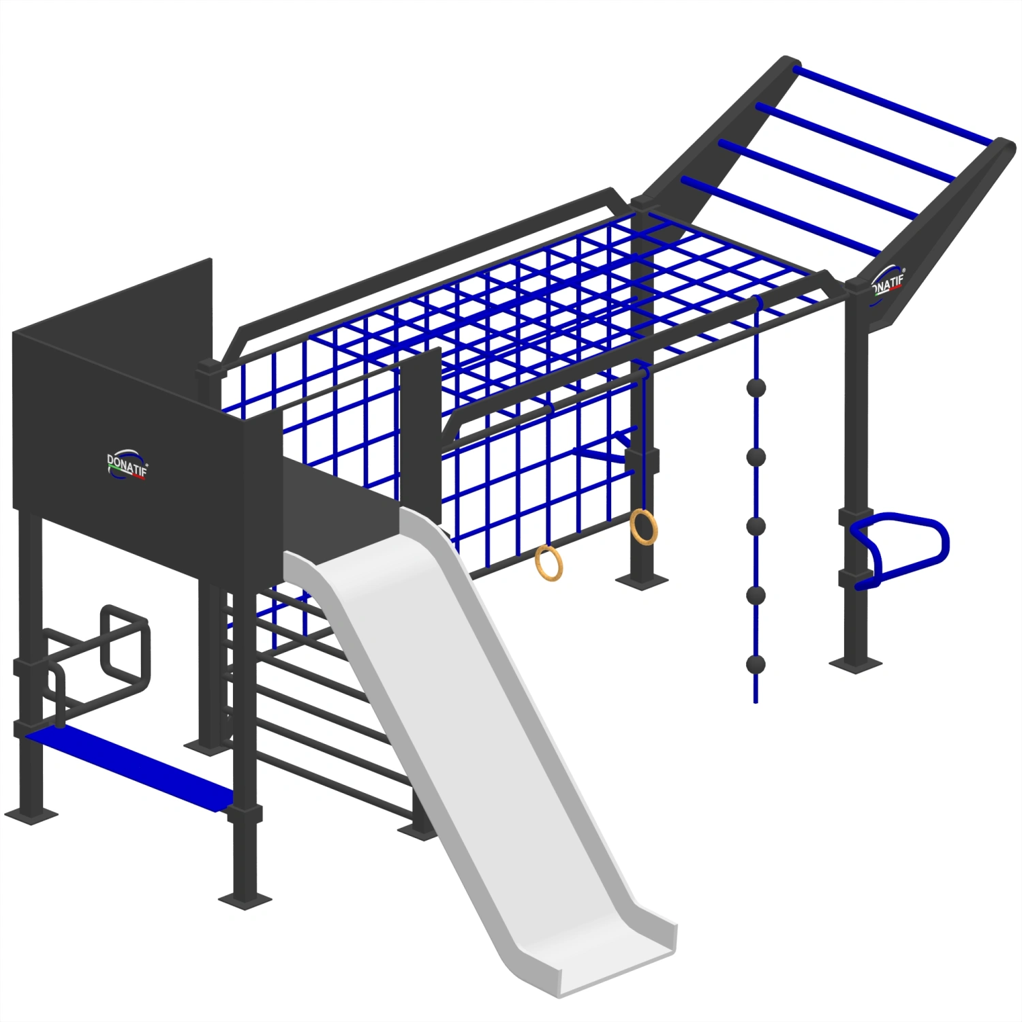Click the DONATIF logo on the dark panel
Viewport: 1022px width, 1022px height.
click(x=126, y=465)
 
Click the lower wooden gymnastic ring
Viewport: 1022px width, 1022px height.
click(x=548, y=563)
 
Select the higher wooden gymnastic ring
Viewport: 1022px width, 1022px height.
click(x=643, y=527)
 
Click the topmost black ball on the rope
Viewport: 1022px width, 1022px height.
click(x=756, y=388)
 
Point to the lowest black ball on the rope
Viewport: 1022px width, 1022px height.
click(x=756, y=664)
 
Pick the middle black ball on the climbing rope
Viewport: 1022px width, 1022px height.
click(x=756, y=526)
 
